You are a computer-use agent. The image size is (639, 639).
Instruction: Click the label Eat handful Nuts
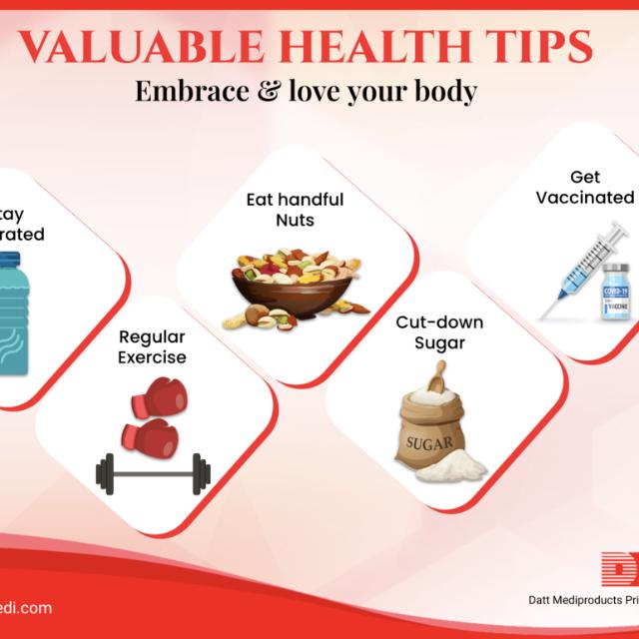pos(295,209)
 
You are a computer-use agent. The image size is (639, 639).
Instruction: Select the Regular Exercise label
pos(153,345)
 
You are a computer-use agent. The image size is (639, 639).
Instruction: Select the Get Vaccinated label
pos(585,187)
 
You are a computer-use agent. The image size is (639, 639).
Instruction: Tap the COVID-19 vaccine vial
pos(616,292)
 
